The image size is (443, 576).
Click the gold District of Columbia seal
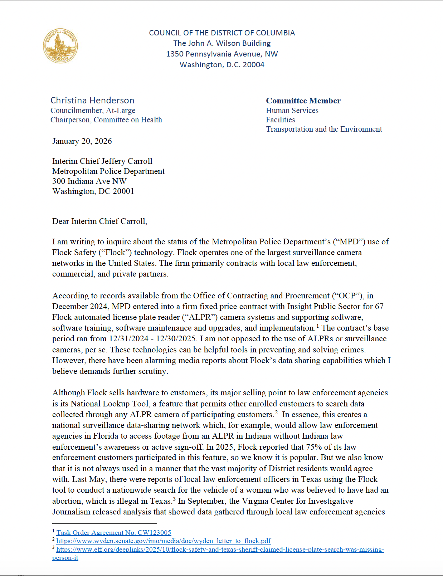(60, 46)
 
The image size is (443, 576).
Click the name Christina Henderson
(92, 100)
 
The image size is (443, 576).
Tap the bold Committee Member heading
(303, 101)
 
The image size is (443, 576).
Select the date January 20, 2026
(82, 141)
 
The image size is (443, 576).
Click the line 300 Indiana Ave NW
(89, 181)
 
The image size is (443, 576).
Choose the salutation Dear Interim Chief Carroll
(99, 221)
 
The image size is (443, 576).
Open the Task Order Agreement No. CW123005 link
(114, 533)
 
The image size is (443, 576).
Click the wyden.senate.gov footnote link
(164, 541)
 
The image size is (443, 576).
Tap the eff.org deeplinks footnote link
(220, 550)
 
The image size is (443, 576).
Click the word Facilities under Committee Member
(281, 120)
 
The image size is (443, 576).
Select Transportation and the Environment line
(324, 129)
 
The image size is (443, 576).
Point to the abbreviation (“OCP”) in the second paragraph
(347, 296)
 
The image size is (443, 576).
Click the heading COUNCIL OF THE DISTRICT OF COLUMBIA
(222, 33)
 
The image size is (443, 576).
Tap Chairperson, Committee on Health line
(106, 120)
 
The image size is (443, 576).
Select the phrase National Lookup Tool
(109, 404)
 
